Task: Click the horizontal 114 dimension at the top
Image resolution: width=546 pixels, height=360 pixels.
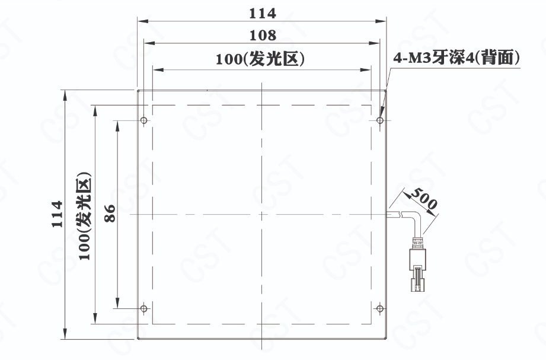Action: pyautogui.click(x=263, y=14)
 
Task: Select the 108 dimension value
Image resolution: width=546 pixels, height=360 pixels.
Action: pyautogui.click(x=263, y=35)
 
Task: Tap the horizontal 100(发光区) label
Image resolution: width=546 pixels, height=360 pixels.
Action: pyautogui.click(x=260, y=59)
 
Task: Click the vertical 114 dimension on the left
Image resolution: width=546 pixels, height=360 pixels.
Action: pyautogui.click(x=57, y=214)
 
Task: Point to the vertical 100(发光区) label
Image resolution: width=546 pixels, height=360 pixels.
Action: pyautogui.click(x=85, y=216)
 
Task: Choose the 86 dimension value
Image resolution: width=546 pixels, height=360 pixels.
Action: pyautogui.click(x=110, y=214)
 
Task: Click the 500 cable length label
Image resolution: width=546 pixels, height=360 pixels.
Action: pyautogui.click(x=423, y=199)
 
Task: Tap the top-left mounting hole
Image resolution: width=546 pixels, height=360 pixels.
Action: pyautogui.click(x=143, y=120)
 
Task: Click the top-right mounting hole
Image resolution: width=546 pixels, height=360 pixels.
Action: pyautogui.click(x=380, y=120)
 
